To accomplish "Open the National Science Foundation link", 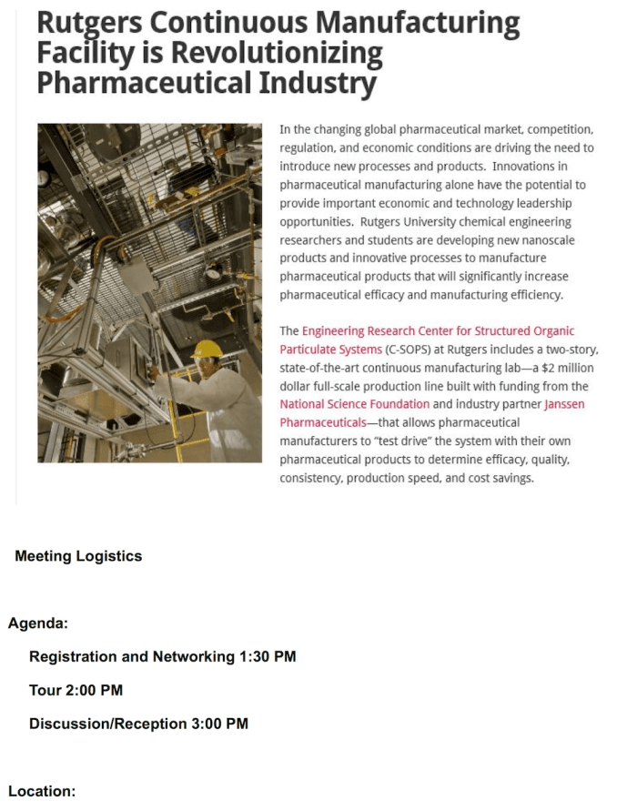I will point(355,404).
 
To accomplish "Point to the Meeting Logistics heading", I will point(78,556).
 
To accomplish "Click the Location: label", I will point(42,791).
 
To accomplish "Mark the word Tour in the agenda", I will point(45,690).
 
